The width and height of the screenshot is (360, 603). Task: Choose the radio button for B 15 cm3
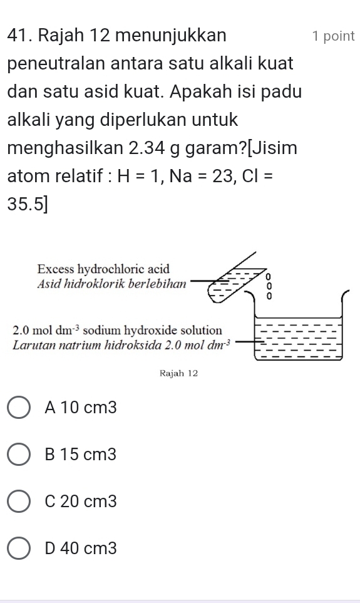(x=22, y=455)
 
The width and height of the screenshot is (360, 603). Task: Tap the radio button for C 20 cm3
(x=22, y=502)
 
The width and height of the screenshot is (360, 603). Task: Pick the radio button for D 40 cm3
(x=22, y=549)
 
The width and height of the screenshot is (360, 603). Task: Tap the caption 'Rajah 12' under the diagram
(x=179, y=373)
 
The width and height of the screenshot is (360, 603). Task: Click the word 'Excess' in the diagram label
(x=55, y=269)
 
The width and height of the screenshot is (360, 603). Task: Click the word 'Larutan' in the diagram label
(x=34, y=343)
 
